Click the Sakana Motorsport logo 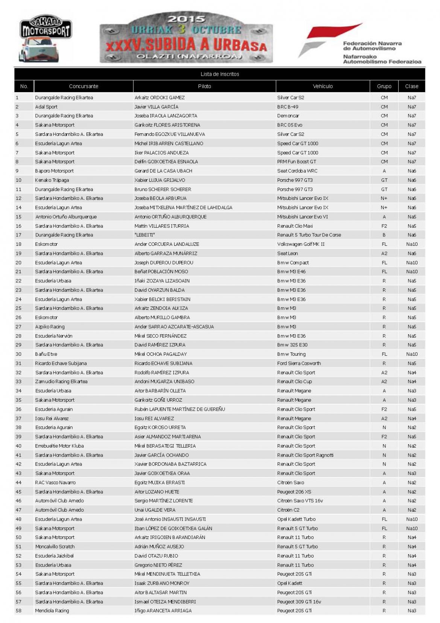(x=46, y=40)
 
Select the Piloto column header (x=204, y=86)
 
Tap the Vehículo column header (x=323, y=86)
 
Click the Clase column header (x=411, y=86)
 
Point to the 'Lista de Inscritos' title (x=220, y=74)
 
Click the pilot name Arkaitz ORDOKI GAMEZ (x=159, y=97)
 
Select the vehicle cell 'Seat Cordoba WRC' (x=297, y=171)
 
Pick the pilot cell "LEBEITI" (x=145, y=235)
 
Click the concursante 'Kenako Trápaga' (x=52, y=180)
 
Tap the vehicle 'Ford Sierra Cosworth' (x=299, y=363)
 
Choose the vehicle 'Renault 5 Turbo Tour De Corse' (x=309, y=235)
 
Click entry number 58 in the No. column (x=18, y=611)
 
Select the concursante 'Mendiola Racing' (x=52, y=611)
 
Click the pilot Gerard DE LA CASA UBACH (x=163, y=171)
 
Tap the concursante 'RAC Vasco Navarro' (x=55, y=483)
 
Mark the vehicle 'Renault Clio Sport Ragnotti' (x=305, y=455)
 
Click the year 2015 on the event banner (x=186, y=19)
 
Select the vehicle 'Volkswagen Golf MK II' (x=300, y=244)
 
